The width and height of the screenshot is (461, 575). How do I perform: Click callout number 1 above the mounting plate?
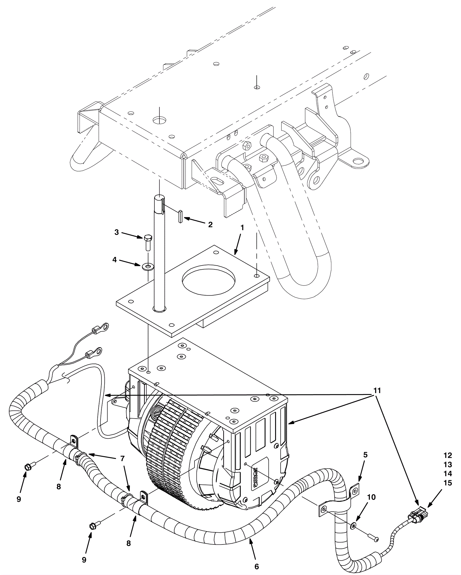(242, 228)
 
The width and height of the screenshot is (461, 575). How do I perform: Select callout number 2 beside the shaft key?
(210, 225)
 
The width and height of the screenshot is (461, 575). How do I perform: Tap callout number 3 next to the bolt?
(116, 232)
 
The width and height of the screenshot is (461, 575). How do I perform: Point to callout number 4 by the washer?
(114, 260)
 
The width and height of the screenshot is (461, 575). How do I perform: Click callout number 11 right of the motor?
(377, 391)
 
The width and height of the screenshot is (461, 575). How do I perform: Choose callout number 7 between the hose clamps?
(122, 458)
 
